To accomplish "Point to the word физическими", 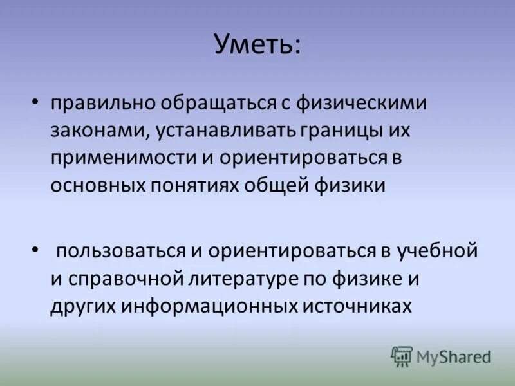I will [x=356, y=103].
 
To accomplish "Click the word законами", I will [x=100, y=131].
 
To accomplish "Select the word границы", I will [x=342, y=131].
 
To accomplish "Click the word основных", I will [x=101, y=185].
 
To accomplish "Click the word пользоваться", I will [x=120, y=250].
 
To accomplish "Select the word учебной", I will [x=438, y=250].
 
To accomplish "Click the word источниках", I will [x=355, y=306].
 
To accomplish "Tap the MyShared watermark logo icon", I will [x=402, y=356].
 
